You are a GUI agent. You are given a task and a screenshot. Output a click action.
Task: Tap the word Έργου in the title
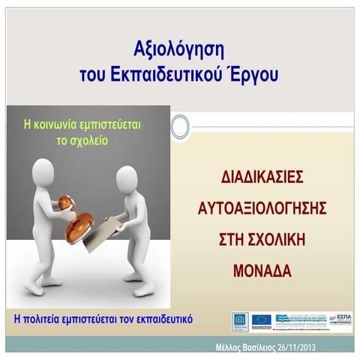255,75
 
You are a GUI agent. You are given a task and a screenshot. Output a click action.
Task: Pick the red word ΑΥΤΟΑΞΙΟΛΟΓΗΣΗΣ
262,206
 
